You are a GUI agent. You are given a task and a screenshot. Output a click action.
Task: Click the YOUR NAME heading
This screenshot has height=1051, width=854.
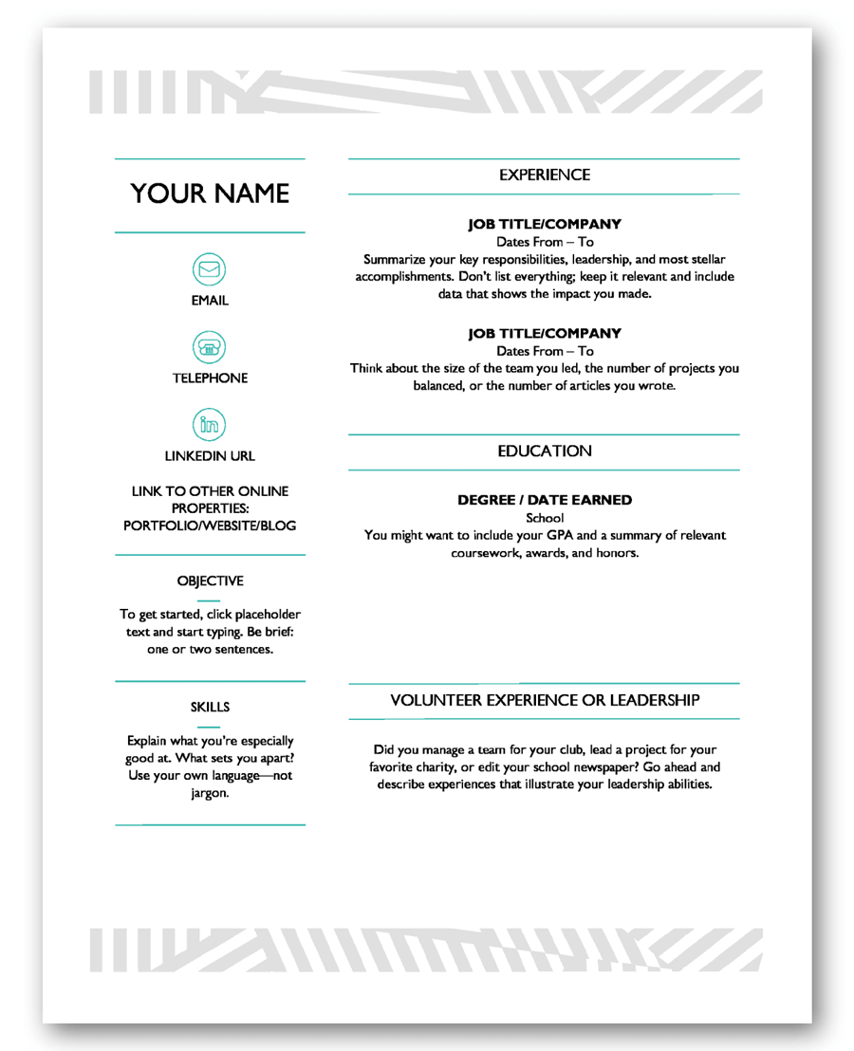pyautogui.click(x=210, y=194)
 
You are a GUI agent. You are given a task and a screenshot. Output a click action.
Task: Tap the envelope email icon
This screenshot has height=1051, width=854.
pyautogui.click(x=210, y=270)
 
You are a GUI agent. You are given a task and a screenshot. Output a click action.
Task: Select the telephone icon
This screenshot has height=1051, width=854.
pyautogui.click(x=210, y=347)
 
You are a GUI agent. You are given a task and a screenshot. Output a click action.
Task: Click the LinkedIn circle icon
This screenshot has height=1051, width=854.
pyautogui.click(x=210, y=424)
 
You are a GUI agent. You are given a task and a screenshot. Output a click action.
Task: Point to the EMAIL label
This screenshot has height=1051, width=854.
pyautogui.click(x=210, y=301)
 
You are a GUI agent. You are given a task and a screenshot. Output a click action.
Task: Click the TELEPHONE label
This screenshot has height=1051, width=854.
pyautogui.click(x=210, y=378)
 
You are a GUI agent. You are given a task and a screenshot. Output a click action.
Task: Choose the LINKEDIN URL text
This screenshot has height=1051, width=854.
pyautogui.click(x=210, y=455)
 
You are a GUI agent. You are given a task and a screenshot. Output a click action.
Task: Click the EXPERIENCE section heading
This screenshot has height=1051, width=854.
pyautogui.click(x=544, y=175)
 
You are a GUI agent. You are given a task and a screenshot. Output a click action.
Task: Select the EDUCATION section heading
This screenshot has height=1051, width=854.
pyautogui.click(x=544, y=452)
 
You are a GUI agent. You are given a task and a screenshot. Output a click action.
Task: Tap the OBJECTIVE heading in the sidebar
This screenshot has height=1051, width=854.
pyautogui.click(x=210, y=580)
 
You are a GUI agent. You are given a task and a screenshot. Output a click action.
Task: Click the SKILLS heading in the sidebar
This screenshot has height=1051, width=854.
pyautogui.click(x=210, y=707)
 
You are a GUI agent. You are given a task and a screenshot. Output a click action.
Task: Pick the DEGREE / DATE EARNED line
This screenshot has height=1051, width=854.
pyautogui.click(x=544, y=500)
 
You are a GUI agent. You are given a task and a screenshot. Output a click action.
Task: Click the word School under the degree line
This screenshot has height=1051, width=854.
pyautogui.click(x=544, y=518)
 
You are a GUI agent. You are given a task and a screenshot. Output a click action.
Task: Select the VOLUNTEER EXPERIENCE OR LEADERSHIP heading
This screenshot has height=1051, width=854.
pyautogui.click(x=545, y=700)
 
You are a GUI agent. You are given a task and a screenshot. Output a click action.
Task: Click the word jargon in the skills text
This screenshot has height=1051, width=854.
pyautogui.click(x=210, y=793)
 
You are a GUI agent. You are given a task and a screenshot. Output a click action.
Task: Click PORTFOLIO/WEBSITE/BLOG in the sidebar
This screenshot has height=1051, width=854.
pyautogui.click(x=210, y=525)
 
